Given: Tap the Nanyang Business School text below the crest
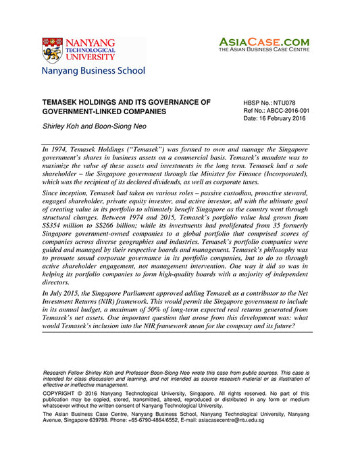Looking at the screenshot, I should tap(93, 70).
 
